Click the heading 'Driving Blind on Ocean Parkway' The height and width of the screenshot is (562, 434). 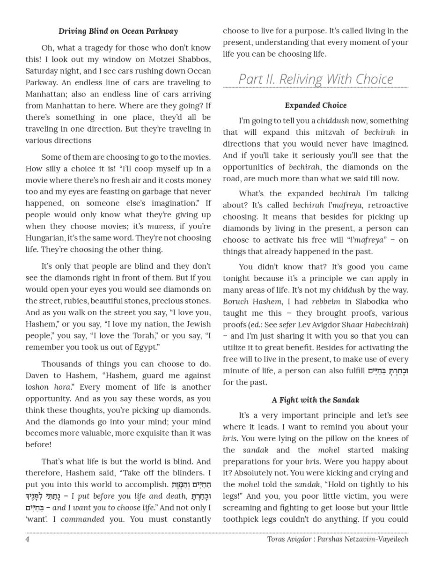(118, 31)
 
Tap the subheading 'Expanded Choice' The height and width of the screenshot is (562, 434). (316, 105)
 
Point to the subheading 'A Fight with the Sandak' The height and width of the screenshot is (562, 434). (316, 400)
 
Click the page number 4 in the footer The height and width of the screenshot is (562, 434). (28, 539)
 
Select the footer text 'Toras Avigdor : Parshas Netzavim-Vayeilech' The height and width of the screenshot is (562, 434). (338, 539)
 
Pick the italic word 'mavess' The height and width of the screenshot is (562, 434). (161, 227)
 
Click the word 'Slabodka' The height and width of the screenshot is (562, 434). (375, 302)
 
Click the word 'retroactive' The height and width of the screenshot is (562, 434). (387, 205)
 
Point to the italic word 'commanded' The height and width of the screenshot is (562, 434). (82, 519)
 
